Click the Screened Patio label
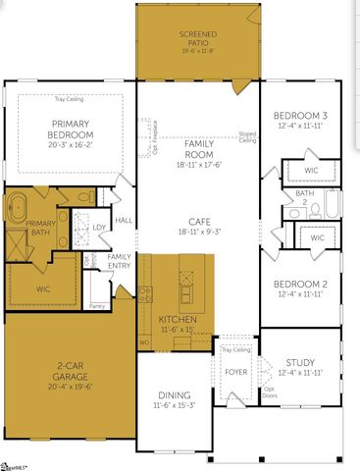click(x=197, y=38)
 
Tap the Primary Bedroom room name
click(x=72, y=129)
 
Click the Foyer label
click(x=236, y=372)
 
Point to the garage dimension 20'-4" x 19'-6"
click(x=68, y=386)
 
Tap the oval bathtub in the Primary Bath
click(x=18, y=210)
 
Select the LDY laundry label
click(x=99, y=228)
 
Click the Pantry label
click(x=97, y=305)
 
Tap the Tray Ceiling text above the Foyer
click(x=235, y=350)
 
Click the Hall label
click(x=124, y=221)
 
